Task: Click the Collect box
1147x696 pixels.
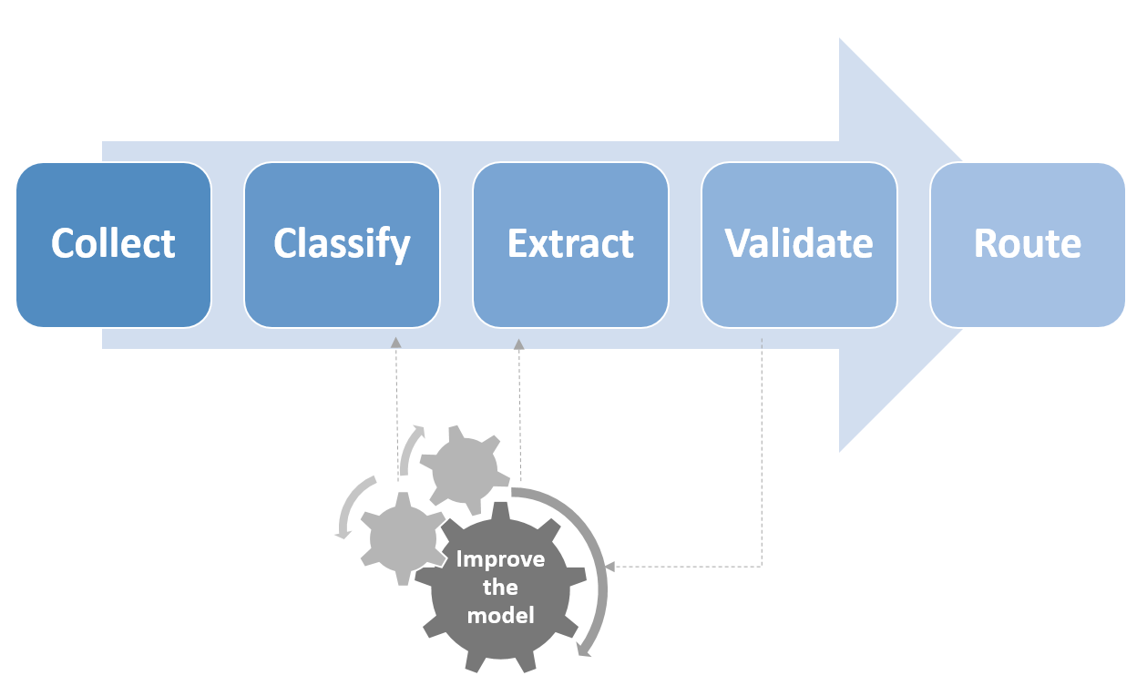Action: [x=114, y=244]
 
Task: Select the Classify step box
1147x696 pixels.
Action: [x=342, y=244]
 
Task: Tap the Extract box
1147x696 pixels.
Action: [x=570, y=244]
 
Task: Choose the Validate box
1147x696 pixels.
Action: [x=799, y=244]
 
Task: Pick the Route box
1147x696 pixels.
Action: [x=1027, y=244]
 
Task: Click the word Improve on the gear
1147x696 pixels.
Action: [x=500, y=559]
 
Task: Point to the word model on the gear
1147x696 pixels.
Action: [x=500, y=615]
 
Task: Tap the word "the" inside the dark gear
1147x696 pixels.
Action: [x=500, y=588]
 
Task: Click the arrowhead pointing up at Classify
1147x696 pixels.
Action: [x=396, y=343]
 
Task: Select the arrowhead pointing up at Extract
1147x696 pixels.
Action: [x=519, y=344]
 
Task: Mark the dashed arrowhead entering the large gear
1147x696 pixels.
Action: [x=610, y=567]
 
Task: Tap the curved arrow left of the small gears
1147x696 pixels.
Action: [x=351, y=507]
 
